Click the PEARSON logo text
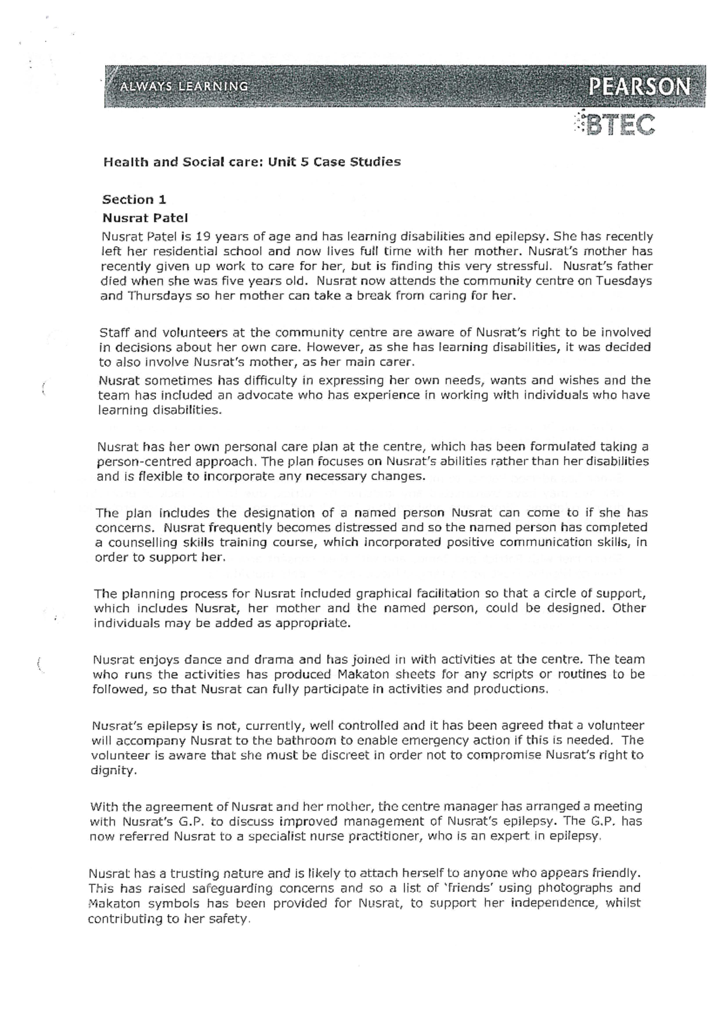[639, 88]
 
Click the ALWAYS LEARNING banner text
[184, 86]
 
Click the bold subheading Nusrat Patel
[145, 217]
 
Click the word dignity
[112, 770]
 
